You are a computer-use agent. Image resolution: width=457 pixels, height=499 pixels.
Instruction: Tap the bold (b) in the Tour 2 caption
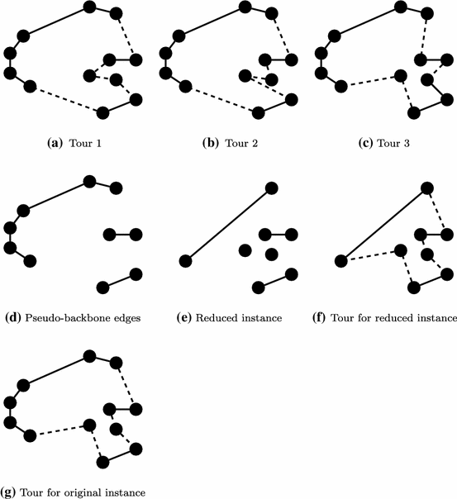coord(209,142)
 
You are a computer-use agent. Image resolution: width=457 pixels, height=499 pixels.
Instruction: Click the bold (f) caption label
coord(321,317)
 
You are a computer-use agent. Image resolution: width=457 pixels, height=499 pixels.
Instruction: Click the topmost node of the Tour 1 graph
coord(91,7)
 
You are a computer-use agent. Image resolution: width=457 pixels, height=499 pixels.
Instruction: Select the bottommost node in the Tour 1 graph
coord(102,112)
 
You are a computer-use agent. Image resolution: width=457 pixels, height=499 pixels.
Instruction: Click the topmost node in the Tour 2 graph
coord(245,7)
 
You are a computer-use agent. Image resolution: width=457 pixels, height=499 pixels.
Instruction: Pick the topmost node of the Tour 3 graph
coord(400,7)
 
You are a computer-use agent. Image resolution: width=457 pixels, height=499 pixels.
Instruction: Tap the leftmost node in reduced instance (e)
coord(185,262)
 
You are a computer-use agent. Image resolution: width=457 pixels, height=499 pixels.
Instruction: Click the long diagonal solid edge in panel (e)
coord(229,226)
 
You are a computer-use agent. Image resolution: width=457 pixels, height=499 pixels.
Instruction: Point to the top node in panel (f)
coord(427,189)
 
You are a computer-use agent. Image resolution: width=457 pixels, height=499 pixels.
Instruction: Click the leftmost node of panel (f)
coord(340,262)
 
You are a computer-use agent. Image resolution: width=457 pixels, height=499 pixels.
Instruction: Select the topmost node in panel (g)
coord(91,357)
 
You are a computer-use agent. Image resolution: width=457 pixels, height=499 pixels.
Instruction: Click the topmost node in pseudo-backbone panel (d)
coord(90,181)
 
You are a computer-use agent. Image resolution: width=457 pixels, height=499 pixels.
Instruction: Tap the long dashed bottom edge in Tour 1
coord(66,99)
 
